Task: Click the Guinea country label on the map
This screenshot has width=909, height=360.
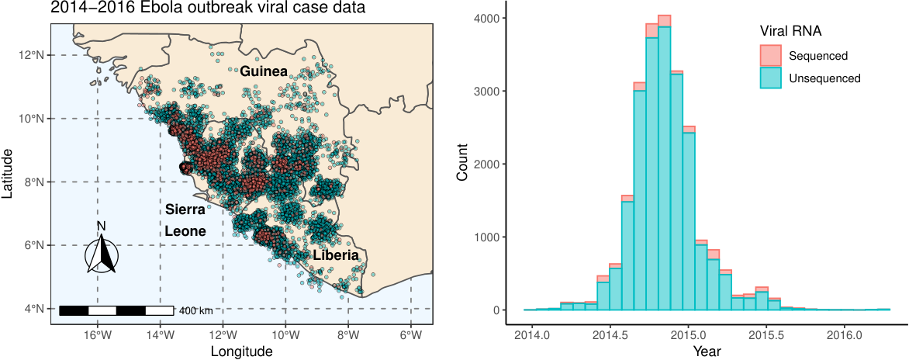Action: click(264, 72)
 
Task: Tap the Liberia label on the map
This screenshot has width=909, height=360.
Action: click(337, 256)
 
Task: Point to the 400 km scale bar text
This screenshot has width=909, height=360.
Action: click(196, 310)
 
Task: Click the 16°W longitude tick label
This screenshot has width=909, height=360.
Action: click(98, 336)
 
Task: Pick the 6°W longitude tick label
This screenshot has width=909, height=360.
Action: click(410, 336)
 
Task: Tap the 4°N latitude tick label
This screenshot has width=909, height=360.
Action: click(33, 309)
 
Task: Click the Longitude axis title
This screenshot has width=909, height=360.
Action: click(241, 351)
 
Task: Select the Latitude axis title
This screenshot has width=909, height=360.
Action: click(8, 173)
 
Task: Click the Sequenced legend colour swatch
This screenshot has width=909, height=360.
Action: click(770, 56)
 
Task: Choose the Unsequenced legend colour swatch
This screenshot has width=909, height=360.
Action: click(770, 78)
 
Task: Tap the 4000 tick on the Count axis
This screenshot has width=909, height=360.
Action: click(485, 19)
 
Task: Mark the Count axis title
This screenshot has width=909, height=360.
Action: click(463, 164)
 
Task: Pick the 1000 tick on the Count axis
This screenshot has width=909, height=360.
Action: click(485, 237)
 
